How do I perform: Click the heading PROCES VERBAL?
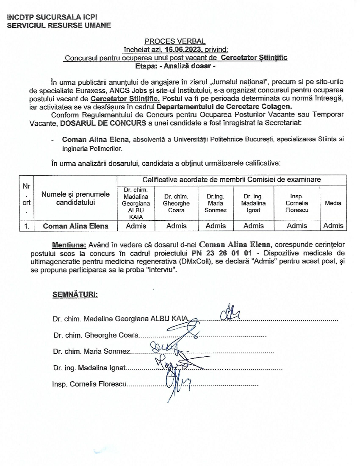(175, 41)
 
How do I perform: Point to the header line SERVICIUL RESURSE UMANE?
(59, 25)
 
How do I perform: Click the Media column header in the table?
(333, 203)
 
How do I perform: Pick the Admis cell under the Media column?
(333, 226)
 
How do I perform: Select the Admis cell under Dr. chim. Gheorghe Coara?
(176, 226)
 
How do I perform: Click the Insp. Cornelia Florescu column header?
(297, 203)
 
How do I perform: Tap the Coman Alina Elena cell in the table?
(75, 226)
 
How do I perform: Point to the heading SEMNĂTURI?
(75, 294)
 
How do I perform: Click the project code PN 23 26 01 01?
(216, 253)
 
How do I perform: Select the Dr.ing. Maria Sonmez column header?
(216, 203)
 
